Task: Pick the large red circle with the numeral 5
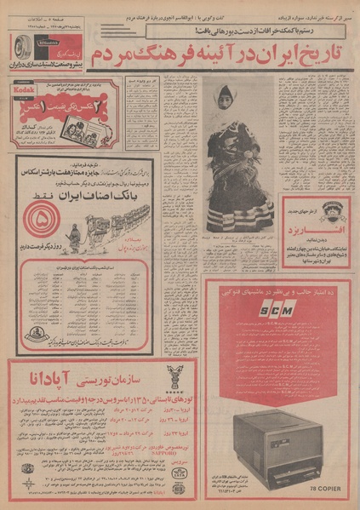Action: [37, 226]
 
